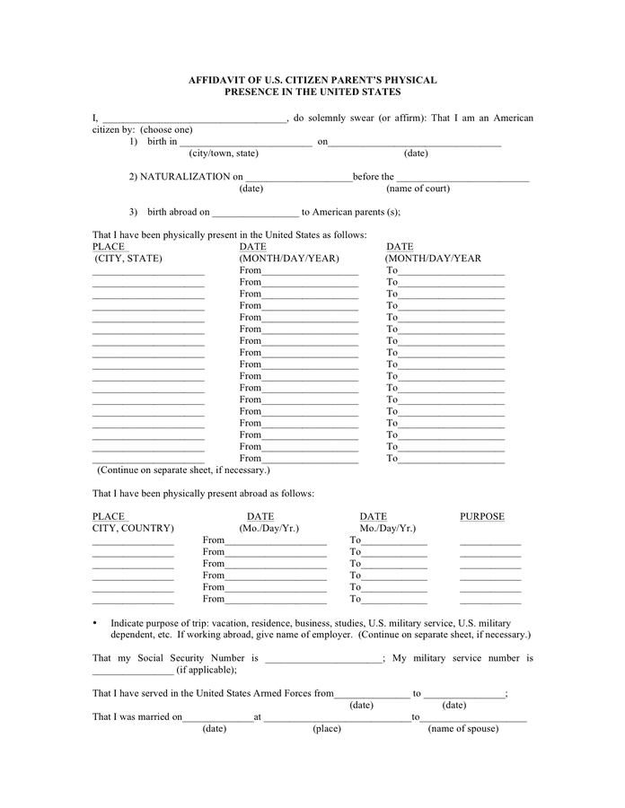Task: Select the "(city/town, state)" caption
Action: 224,154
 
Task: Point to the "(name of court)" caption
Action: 418,189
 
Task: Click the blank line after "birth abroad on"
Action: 256,214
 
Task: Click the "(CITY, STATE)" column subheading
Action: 128,259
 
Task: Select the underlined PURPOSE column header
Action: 482,516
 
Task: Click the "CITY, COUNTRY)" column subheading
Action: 133,529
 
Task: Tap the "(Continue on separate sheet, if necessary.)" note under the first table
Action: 183,470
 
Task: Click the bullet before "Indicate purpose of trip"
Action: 95,623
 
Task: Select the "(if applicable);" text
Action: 207,670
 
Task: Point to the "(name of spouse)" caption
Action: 462,729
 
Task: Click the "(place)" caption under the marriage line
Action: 327,729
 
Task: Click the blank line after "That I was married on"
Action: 217,718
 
